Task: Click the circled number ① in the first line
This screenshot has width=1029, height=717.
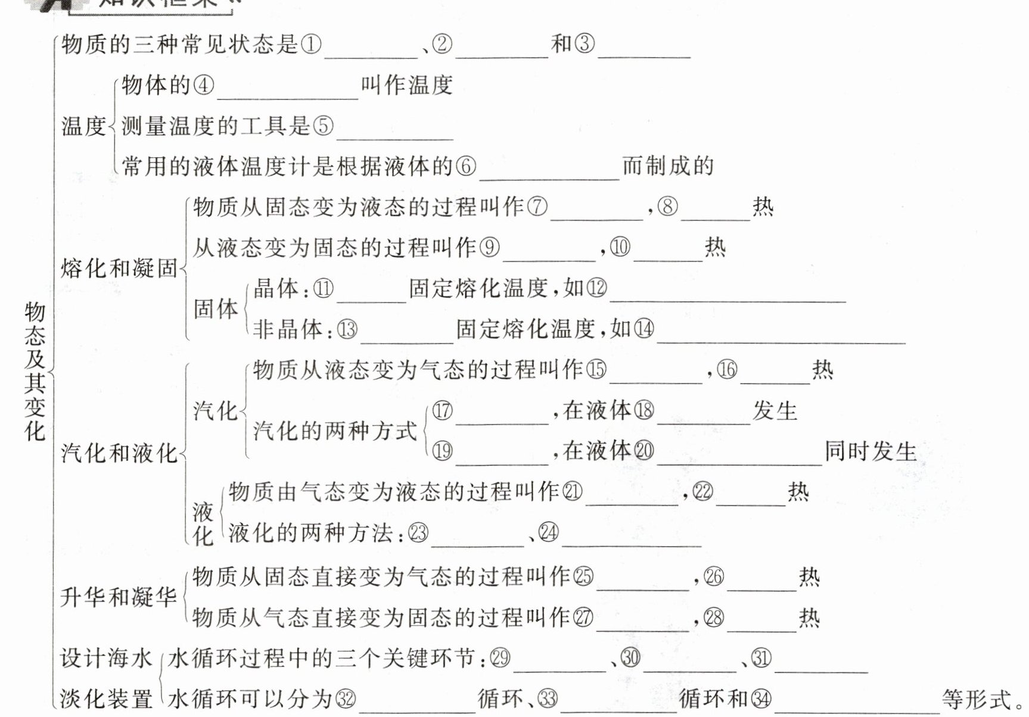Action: pos(311,44)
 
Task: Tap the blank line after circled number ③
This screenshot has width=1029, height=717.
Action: pos(644,50)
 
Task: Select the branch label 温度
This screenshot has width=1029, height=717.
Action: pos(83,126)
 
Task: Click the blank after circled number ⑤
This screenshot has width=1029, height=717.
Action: pos(395,132)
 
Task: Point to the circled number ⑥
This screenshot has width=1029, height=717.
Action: pos(466,166)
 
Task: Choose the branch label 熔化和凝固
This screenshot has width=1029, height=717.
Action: pos(119,269)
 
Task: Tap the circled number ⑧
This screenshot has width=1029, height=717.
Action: pos(668,207)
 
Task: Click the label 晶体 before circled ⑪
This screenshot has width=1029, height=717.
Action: pos(276,289)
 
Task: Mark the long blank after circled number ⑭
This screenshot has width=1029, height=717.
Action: pos(781,336)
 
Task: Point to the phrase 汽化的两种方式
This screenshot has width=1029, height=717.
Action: pos(335,431)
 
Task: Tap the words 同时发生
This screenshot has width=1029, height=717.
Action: pos(871,451)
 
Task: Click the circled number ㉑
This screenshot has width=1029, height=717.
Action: pos(572,492)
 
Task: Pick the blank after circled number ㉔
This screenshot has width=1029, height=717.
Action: pos(632,539)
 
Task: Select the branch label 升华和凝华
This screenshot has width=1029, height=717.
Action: pos(119,597)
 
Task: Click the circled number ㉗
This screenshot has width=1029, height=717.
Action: pos(583,618)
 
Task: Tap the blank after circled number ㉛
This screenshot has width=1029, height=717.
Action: pos(820,665)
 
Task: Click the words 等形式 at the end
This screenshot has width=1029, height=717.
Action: pos(977,699)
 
